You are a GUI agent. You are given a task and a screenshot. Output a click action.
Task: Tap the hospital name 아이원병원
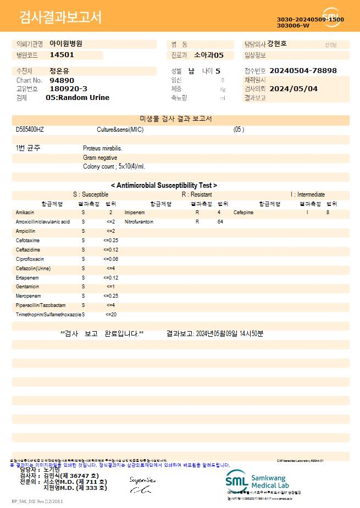[x=65, y=43]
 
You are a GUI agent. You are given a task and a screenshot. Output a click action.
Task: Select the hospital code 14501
[x=62, y=55]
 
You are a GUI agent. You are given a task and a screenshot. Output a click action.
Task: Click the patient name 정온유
[x=59, y=71]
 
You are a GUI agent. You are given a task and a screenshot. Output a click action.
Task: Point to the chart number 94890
[x=62, y=80]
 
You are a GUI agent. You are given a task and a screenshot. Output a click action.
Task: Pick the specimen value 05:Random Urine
[x=77, y=98]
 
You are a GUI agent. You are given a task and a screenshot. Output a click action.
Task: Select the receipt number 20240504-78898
[x=303, y=71]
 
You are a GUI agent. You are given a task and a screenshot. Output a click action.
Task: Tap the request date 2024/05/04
[x=293, y=88]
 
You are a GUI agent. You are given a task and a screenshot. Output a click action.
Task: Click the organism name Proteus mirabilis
[x=103, y=148]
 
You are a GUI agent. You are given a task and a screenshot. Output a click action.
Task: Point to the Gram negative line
[x=100, y=158]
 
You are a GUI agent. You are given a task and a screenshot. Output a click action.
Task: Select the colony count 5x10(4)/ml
[x=114, y=166]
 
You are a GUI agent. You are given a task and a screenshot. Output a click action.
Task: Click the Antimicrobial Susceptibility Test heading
[x=164, y=186]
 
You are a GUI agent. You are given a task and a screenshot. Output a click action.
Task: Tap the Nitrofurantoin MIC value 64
[x=220, y=222]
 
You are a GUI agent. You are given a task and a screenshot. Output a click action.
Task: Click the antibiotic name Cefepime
[x=243, y=212]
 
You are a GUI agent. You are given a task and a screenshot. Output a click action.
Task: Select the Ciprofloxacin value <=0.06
[x=110, y=259]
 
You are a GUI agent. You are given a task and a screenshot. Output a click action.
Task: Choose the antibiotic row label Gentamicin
[x=27, y=287]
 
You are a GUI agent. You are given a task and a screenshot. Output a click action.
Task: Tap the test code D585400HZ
[x=30, y=130]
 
